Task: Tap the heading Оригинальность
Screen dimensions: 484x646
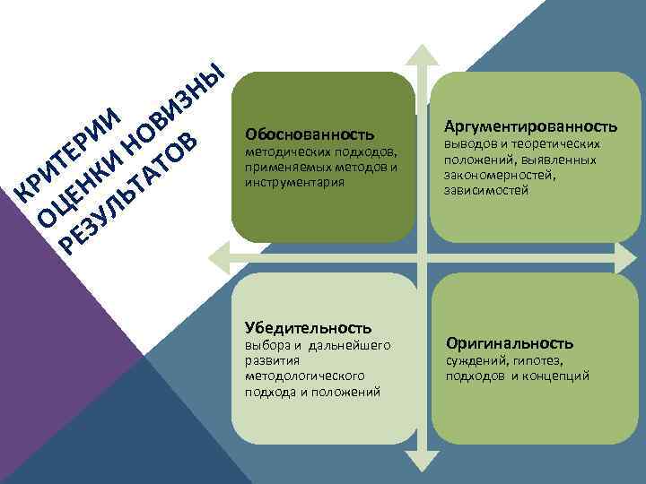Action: click(509, 343)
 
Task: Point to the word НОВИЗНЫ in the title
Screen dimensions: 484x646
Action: click(170, 107)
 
